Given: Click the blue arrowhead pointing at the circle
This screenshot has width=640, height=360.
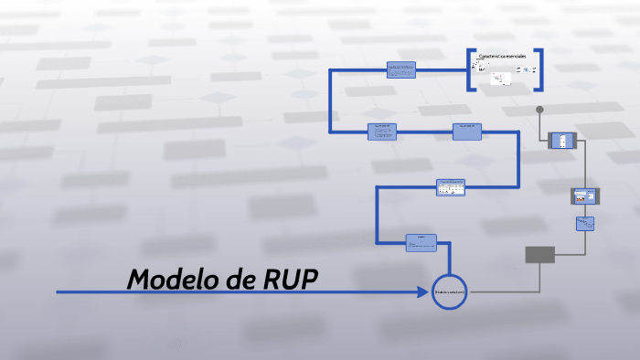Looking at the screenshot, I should (x=423, y=292).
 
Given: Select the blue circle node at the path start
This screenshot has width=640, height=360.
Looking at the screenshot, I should (x=449, y=292).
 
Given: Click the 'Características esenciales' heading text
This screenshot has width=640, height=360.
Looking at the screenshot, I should (x=503, y=57).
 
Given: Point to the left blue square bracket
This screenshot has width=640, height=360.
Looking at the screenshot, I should (x=470, y=69).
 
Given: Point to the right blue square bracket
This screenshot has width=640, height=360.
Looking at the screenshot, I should (x=539, y=69).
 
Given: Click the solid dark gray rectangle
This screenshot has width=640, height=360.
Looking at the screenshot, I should (x=539, y=255).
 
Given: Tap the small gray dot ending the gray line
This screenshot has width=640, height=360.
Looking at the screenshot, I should (x=539, y=110).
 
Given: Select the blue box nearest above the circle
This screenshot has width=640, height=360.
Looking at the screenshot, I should (x=421, y=242).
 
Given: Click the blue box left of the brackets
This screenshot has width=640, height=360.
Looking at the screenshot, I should (x=400, y=69).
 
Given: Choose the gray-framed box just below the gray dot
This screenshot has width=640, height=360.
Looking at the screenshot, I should (x=560, y=141).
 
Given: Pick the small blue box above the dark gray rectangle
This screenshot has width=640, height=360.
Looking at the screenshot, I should (x=585, y=223).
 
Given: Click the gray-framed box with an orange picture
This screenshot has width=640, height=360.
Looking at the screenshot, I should (x=583, y=195).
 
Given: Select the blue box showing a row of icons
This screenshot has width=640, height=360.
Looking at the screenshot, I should (x=450, y=186).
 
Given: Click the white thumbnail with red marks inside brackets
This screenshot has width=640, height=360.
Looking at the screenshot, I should (x=499, y=79).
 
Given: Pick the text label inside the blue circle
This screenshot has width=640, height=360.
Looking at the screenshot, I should (x=449, y=292).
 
